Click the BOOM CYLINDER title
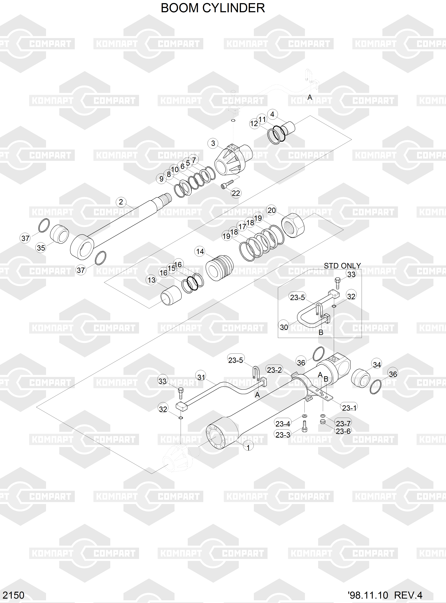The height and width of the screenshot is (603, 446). click(x=213, y=8)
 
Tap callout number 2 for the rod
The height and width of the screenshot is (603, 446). click(x=121, y=202)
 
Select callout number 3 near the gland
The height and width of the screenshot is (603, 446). click(x=213, y=143)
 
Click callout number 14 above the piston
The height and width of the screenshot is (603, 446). click(x=200, y=251)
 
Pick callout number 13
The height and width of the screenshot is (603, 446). click(x=152, y=280)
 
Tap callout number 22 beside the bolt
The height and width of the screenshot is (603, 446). click(x=236, y=193)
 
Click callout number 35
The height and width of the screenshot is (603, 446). click(x=41, y=248)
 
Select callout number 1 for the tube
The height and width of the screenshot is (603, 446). click(x=248, y=447)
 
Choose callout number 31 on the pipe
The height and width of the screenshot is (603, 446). click(x=201, y=377)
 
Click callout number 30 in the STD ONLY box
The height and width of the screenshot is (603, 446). click(x=284, y=327)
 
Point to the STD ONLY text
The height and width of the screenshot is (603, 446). click(x=342, y=266)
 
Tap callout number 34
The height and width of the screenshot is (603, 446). click(x=377, y=364)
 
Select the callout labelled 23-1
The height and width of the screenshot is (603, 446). click(x=349, y=408)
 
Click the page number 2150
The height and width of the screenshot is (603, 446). click(x=14, y=595)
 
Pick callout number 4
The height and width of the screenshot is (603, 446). click(x=272, y=114)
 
